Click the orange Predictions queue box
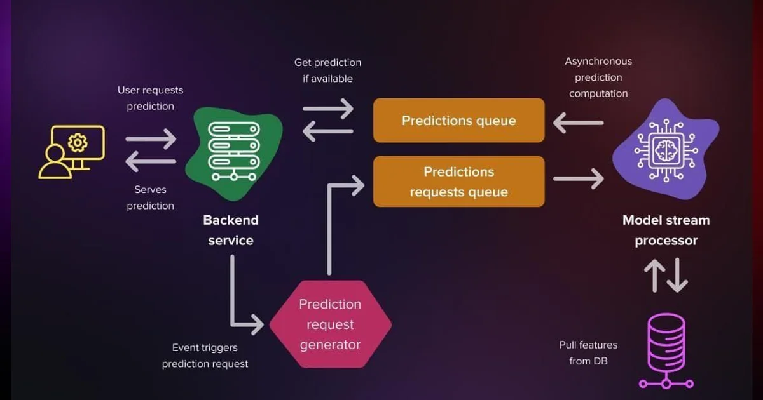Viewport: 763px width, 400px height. [x=458, y=120]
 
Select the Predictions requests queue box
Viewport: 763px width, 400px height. [x=458, y=182]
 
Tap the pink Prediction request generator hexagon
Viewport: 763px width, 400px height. [x=330, y=324]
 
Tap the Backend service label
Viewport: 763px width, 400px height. [x=231, y=230]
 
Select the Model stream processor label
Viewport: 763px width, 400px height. [x=666, y=230]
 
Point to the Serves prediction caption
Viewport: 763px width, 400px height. [x=150, y=197]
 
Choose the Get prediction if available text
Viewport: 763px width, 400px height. [x=327, y=70]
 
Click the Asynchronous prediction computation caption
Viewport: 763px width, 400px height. [x=598, y=77]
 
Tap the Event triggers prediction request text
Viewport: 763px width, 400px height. [x=205, y=356]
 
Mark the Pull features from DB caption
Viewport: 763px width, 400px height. [x=588, y=353]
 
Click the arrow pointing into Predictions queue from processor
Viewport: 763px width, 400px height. [x=577, y=122]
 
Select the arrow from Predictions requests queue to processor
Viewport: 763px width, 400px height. [x=577, y=179]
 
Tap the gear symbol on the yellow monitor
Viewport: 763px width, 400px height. [x=77, y=142]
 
